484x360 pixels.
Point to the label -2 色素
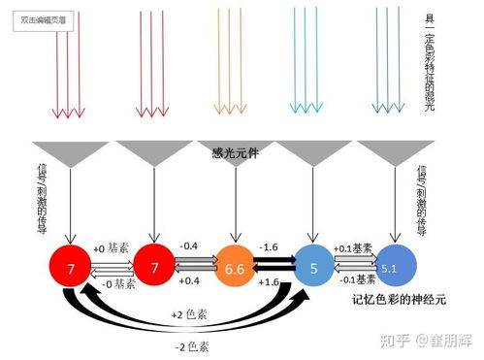186,345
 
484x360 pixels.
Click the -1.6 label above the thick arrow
272,247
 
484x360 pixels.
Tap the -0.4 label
191,247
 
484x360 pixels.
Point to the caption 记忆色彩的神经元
399,301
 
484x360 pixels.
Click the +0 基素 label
111,248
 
